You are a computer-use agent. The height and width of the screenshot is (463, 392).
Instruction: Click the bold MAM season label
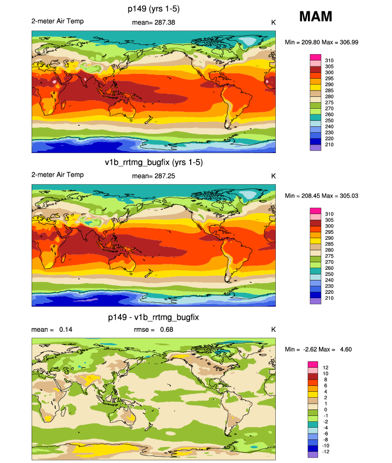click(x=315, y=17)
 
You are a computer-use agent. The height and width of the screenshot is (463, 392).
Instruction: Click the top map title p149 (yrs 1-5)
click(x=153, y=9)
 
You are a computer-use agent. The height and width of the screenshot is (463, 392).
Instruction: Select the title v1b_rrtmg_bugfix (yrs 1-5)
click(x=153, y=162)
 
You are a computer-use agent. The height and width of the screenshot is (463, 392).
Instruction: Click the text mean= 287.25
click(x=153, y=176)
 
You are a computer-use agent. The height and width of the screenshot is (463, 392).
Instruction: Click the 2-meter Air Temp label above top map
click(x=57, y=21)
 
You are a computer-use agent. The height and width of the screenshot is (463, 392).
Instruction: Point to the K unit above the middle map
click(x=273, y=176)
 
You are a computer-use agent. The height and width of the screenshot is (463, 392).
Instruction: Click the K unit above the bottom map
click(x=273, y=329)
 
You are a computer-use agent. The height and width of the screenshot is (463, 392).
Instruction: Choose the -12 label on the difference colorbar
click(x=327, y=451)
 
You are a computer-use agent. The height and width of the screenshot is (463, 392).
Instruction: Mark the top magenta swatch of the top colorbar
click(x=315, y=57)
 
